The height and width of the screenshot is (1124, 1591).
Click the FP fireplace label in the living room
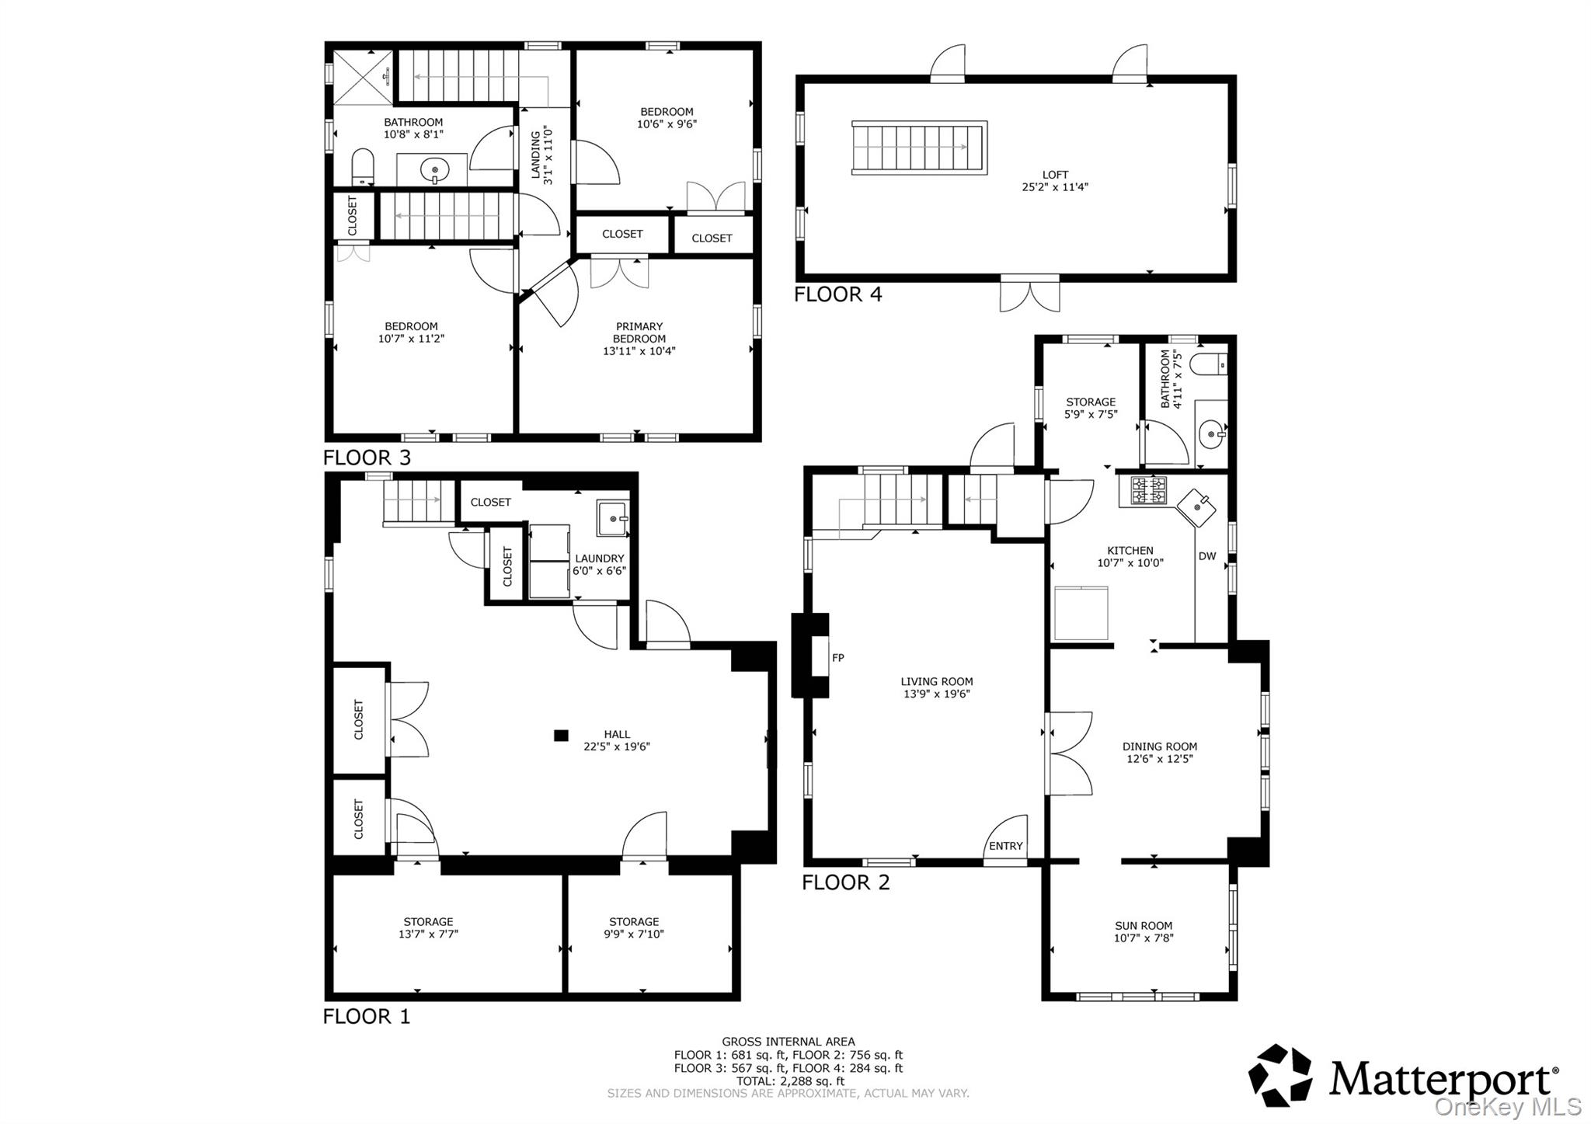click(x=837, y=658)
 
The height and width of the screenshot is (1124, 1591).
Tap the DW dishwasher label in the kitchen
click(x=1207, y=556)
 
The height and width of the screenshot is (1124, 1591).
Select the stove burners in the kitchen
click(x=1148, y=490)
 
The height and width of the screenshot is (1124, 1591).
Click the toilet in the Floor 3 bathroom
click(x=363, y=167)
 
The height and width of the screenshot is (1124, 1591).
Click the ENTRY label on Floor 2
click(x=1005, y=846)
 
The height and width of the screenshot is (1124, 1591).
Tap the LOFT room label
click(x=1055, y=175)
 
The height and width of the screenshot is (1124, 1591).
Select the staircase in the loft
click(x=919, y=148)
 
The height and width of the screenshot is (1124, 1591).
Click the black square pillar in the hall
click(x=561, y=735)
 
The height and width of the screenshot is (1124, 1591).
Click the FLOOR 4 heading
click(x=837, y=294)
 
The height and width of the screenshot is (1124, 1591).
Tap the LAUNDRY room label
click(x=599, y=558)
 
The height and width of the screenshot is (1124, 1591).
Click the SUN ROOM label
click(x=1144, y=925)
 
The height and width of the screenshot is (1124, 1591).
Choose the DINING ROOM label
click(x=1160, y=746)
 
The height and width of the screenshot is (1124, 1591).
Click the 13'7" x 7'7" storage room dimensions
click(x=428, y=934)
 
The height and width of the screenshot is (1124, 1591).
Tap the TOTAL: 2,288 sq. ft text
click(x=790, y=1081)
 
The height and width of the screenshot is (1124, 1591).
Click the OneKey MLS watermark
click(x=1507, y=1106)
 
